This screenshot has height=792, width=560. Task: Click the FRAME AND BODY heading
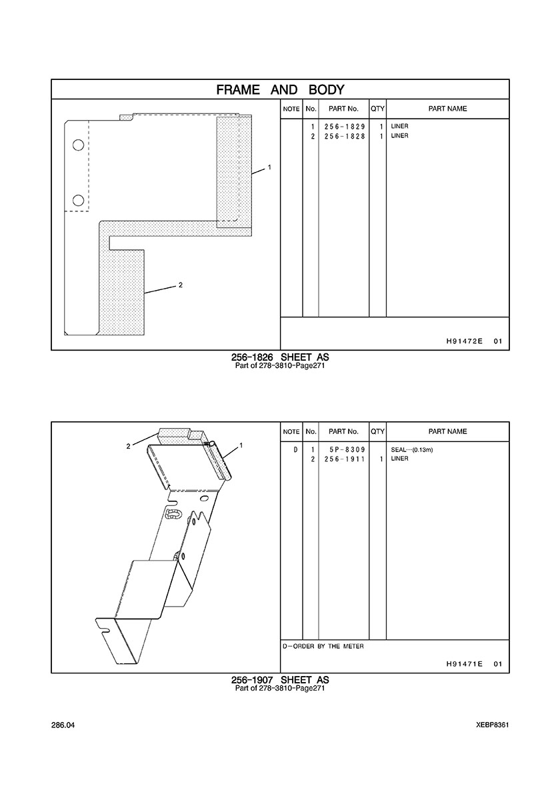pyautogui.click(x=280, y=90)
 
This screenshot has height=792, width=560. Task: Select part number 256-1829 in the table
pyautogui.click(x=345, y=126)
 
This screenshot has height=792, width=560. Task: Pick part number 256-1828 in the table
pyautogui.click(x=345, y=136)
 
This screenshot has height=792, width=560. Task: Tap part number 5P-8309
pyautogui.click(x=347, y=449)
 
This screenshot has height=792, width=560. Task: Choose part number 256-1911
pyautogui.click(x=345, y=459)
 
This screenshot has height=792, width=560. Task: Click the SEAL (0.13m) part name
pyautogui.click(x=411, y=449)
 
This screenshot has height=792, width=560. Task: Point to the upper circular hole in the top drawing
pyautogui.click(x=78, y=145)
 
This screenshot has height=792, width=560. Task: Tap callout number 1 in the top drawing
pyautogui.click(x=269, y=167)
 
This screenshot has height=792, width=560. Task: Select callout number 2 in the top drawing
pyautogui.click(x=180, y=285)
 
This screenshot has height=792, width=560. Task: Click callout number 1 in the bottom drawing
pyautogui.click(x=241, y=445)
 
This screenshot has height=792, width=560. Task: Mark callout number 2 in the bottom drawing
pyautogui.click(x=128, y=446)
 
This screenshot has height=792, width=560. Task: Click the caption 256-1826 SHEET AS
pyautogui.click(x=280, y=357)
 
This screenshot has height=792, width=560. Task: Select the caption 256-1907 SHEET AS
pyautogui.click(x=280, y=680)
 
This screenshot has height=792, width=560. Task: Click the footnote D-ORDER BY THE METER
pyautogui.click(x=323, y=647)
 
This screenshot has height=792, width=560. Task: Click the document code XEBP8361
pyautogui.click(x=493, y=725)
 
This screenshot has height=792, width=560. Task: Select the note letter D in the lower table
pyautogui.click(x=296, y=449)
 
